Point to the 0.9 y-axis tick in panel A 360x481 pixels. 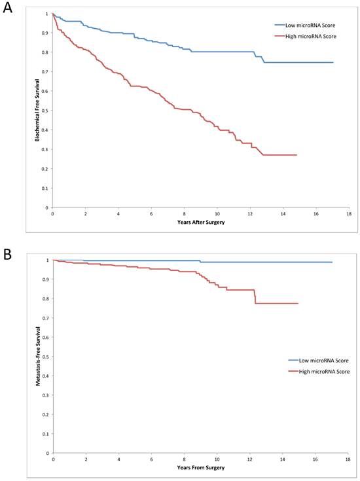click(46, 33)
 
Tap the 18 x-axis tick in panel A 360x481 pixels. click(349, 213)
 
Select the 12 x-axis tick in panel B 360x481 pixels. click(250, 459)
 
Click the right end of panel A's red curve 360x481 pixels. click(297, 155)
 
